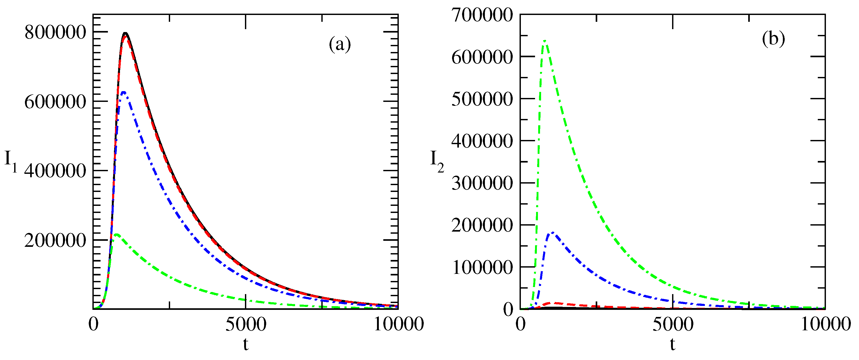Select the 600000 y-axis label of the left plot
pyautogui.click(x=55, y=101)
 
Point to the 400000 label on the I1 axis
pyautogui.click(x=55, y=171)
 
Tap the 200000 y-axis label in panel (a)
pyautogui.click(x=55, y=240)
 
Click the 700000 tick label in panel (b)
pyautogui.click(x=482, y=15)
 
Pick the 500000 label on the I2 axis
pyautogui.click(x=482, y=99)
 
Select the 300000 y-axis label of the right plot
pyautogui.click(x=482, y=183)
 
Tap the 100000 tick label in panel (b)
pyautogui.click(x=482, y=267)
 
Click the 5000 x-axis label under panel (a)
pyautogui.click(x=246, y=324)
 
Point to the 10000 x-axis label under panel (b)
pyautogui.click(x=826, y=324)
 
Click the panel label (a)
pyautogui.click(x=340, y=44)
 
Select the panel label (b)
pyautogui.click(x=773, y=39)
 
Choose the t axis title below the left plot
pyautogui.click(x=246, y=344)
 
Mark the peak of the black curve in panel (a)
pyautogui.click(x=125, y=33)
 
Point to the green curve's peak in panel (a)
pyautogui.click(x=116, y=234)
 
